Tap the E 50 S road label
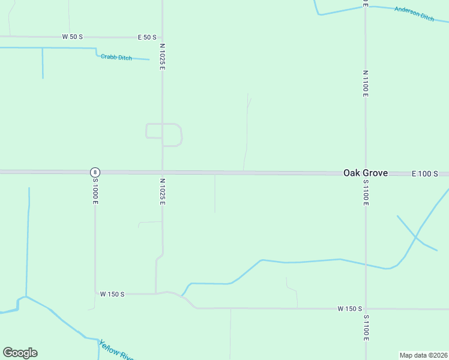pyautogui.click(x=147, y=37)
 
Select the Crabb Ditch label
pyautogui.click(x=116, y=57)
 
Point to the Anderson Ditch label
pyautogui.click(x=414, y=14)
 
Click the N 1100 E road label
pyautogui.click(x=365, y=83)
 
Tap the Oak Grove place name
pyautogui.click(x=365, y=173)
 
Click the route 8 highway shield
pyautogui.click(x=95, y=172)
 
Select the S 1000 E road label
pyautogui.click(x=95, y=193)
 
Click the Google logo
pyautogui.click(x=20, y=353)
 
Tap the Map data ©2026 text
pyautogui.click(x=423, y=355)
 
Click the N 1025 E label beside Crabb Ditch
pyautogui.click(x=162, y=56)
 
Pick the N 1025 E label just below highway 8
pyautogui.click(x=162, y=191)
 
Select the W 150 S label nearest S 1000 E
pyautogui.click(x=112, y=294)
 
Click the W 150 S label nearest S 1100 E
pyautogui.click(x=349, y=308)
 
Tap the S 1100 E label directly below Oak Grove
pyautogui.click(x=365, y=193)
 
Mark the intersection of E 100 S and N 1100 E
pyautogui.click(x=365, y=173)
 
